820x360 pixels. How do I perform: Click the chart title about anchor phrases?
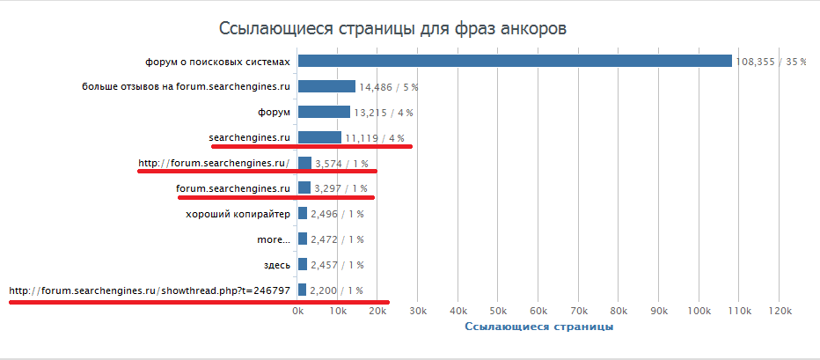click(392, 28)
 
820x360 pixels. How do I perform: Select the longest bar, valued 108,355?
click(515, 61)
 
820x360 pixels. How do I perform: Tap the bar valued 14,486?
click(326, 86)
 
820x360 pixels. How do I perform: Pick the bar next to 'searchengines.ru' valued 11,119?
click(319, 137)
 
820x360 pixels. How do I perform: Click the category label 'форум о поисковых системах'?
click(217, 62)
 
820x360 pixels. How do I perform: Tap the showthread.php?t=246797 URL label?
click(150, 290)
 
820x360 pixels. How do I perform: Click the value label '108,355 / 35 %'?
click(771, 62)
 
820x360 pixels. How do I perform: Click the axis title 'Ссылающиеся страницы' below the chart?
click(538, 327)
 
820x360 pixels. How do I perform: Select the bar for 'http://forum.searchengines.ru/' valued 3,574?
click(304, 163)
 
